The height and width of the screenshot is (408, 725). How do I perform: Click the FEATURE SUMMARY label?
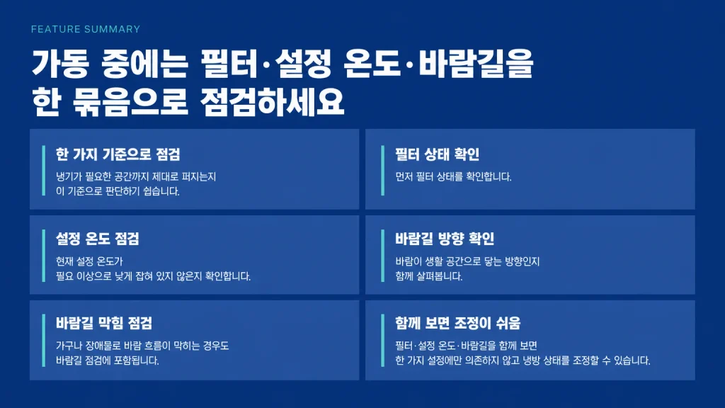tap(86, 29)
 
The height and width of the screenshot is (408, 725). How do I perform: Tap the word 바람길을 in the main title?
tap(476, 64)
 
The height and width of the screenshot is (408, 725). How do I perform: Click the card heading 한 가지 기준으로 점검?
tap(118, 154)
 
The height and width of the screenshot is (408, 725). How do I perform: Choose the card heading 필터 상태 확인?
tap(437, 154)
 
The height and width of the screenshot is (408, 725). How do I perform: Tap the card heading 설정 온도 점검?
tap(98, 239)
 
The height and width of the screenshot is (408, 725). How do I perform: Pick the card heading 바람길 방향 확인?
tap(445, 239)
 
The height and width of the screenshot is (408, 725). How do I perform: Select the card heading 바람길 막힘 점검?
tap(104, 323)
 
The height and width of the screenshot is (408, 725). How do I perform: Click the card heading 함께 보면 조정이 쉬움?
tap(458, 323)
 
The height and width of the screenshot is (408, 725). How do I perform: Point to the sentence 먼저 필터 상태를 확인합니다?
tap(453, 176)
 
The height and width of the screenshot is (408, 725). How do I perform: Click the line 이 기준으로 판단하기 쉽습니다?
tap(118, 191)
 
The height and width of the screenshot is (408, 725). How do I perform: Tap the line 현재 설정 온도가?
tap(89, 261)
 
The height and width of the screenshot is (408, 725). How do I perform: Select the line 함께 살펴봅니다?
tap(428, 276)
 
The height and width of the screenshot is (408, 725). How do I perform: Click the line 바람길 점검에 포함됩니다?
tap(108, 361)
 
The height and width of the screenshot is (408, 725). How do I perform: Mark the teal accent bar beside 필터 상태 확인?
tap(382, 170)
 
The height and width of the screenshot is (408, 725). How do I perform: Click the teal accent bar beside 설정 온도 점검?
tap(43, 255)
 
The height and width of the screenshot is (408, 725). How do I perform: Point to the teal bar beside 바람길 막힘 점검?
tap(43, 341)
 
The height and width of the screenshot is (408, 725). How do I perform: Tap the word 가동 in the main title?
tap(59, 64)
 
